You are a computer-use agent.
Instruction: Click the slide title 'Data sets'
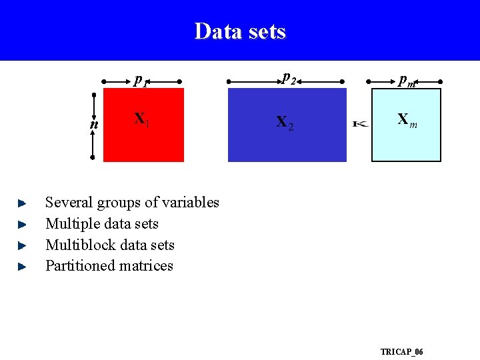(x=240, y=31)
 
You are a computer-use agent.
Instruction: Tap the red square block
(x=143, y=137)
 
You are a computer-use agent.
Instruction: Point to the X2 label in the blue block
(x=284, y=122)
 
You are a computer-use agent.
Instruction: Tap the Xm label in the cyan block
(x=407, y=120)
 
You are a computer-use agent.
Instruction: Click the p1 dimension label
(x=141, y=81)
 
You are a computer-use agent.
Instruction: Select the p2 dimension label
(x=289, y=78)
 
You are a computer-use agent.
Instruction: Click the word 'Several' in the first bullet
(x=69, y=202)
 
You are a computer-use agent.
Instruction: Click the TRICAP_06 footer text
(x=401, y=351)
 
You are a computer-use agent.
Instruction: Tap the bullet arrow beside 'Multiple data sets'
(x=21, y=223)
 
